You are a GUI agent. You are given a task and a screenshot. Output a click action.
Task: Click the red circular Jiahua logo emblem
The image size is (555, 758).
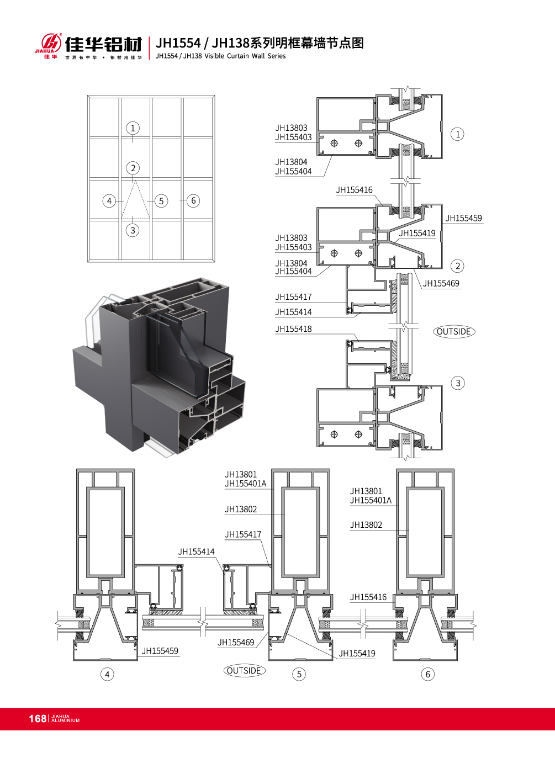51,43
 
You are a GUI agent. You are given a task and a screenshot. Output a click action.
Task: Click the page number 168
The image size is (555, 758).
38,718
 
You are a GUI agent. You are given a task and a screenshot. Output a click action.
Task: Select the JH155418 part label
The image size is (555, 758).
293,328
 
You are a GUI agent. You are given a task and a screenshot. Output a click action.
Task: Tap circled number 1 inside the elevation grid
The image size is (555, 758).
133,128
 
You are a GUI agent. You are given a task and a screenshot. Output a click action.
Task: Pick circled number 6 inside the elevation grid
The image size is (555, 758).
193,200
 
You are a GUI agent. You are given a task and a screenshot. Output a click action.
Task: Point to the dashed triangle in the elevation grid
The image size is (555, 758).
135,200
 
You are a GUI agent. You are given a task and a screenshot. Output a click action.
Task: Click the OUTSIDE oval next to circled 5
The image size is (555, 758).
244,670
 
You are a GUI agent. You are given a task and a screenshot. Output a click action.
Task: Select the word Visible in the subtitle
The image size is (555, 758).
214,56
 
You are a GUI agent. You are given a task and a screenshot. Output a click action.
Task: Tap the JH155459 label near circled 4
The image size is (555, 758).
160,651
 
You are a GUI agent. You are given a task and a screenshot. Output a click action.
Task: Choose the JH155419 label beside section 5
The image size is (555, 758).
357,654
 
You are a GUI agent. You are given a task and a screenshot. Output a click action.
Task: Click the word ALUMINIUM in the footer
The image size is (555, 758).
66,720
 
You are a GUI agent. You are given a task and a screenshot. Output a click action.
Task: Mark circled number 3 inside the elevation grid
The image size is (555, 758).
133,230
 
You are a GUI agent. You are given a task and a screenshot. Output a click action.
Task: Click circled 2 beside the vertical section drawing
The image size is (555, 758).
458,266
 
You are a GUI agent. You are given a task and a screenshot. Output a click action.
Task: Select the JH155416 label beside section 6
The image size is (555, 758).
368,597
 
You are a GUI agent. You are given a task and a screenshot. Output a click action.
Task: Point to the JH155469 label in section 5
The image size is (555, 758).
236,642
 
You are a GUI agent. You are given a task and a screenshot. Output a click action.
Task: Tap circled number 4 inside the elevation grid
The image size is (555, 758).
109,201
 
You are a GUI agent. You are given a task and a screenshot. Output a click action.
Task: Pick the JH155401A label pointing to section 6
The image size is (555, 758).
371,500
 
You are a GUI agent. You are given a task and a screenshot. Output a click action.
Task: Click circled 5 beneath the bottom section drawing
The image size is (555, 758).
299,674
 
